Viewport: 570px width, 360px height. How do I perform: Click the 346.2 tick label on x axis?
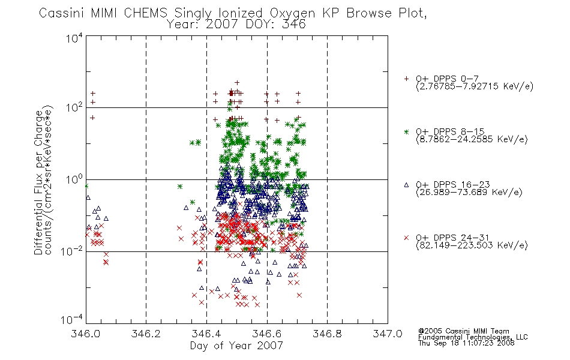click(x=146, y=334)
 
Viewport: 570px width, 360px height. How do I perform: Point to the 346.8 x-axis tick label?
click(x=327, y=334)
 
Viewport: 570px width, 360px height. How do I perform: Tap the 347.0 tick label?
click(x=388, y=334)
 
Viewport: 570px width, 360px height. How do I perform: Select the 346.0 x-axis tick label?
click(x=85, y=334)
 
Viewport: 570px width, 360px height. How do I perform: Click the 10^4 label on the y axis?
click(x=74, y=38)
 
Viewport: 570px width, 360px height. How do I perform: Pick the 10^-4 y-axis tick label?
click(x=72, y=319)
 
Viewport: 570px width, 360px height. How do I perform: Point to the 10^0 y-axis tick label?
click(x=74, y=179)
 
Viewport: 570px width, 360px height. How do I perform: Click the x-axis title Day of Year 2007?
click(x=236, y=346)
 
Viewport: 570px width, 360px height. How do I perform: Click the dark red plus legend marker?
click(x=406, y=79)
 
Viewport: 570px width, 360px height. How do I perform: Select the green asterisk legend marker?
click(x=406, y=131)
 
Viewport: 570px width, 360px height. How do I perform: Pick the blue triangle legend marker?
click(x=406, y=185)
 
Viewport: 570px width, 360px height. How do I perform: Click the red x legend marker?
click(x=406, y=238)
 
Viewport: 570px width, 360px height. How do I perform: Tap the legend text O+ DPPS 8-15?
click(x=451, y=131)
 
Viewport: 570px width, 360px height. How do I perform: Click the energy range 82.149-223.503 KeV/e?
click(x=472, y=245)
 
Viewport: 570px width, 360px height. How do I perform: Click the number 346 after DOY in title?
click(x=294, y=25)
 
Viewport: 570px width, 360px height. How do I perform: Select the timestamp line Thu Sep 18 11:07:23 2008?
click(x=466, y=343)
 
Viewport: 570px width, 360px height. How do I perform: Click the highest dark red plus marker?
click(x=237, y=83)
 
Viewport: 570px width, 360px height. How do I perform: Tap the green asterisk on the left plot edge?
click(x=86, y=186)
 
